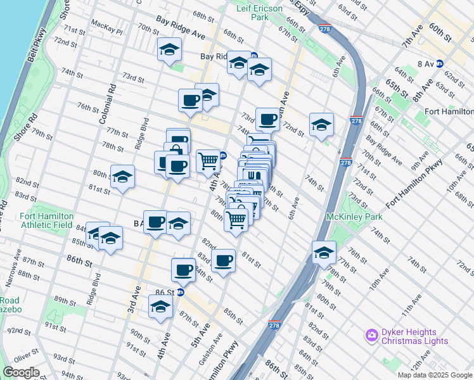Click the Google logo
(21, 372)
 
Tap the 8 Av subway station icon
(439, 63)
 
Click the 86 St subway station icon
(181, 292)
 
